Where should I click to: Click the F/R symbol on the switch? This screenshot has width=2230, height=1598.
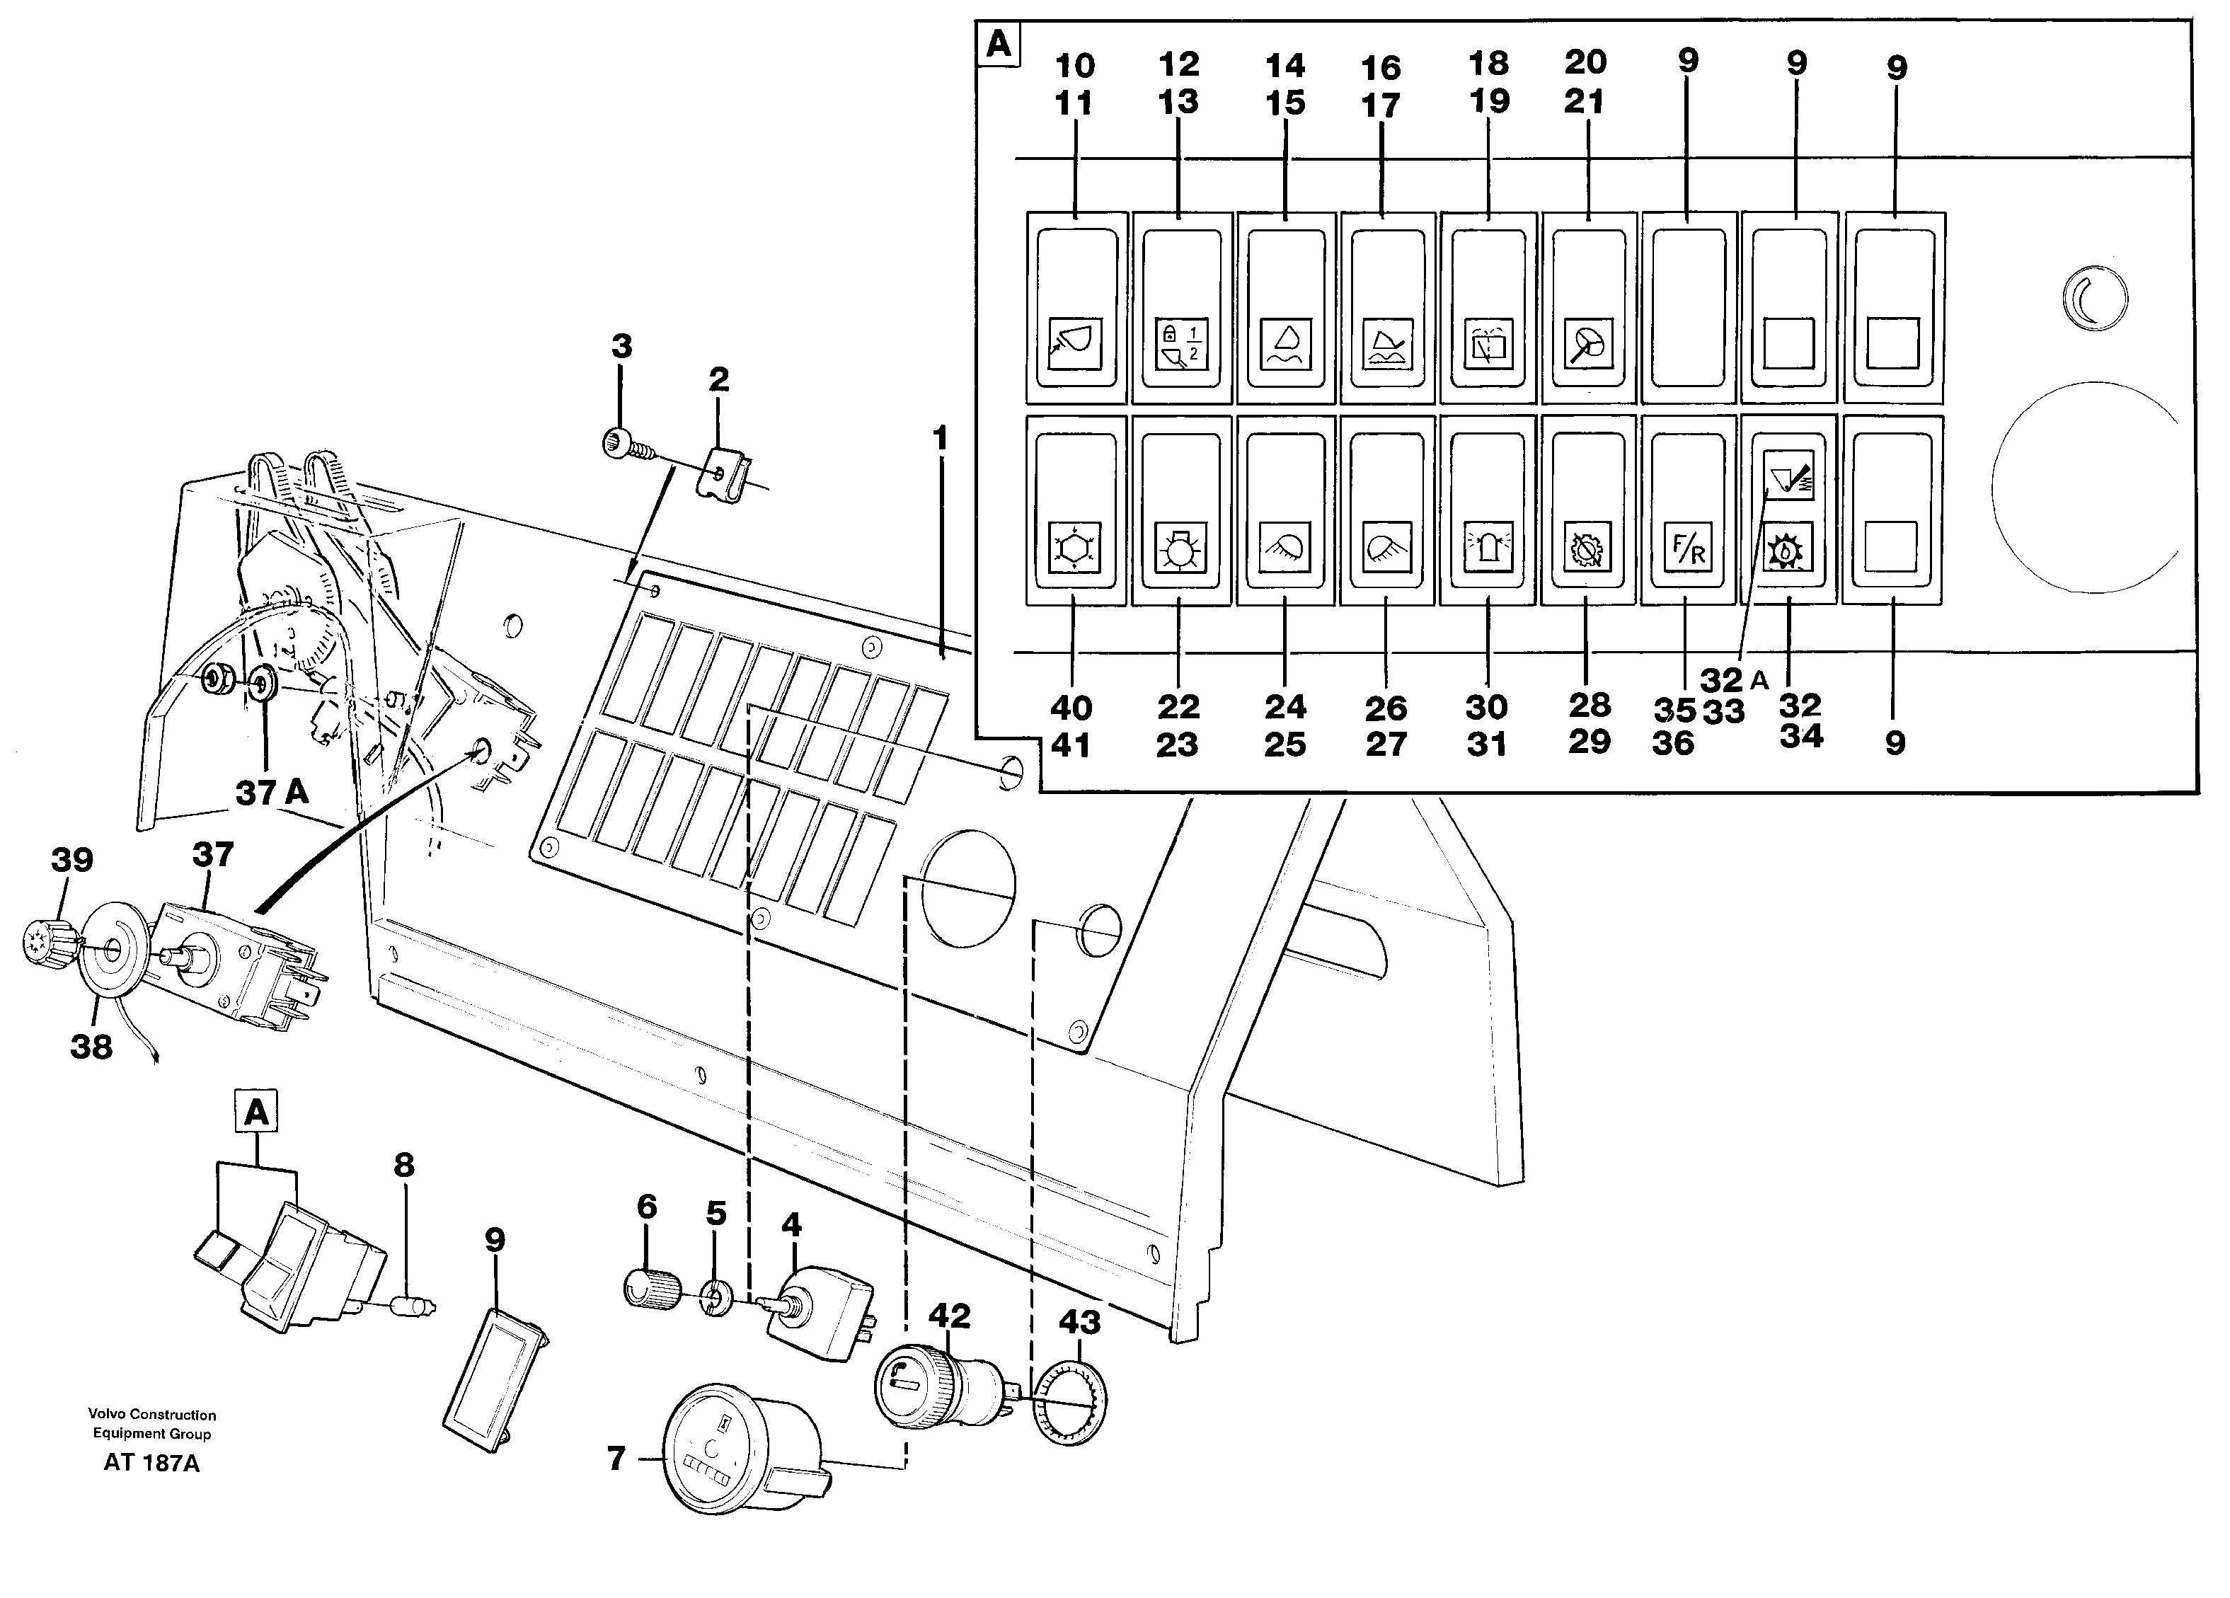tap(1687, 548)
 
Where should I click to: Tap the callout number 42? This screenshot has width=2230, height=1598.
tap(949, 1316)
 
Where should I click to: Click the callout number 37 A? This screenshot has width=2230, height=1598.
tap(271, 793)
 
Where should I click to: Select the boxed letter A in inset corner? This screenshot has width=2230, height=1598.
tap(998, 45)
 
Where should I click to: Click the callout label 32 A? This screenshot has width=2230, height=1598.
tap(1733, 679)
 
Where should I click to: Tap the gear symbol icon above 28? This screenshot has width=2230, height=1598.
tap(1587, 548)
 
